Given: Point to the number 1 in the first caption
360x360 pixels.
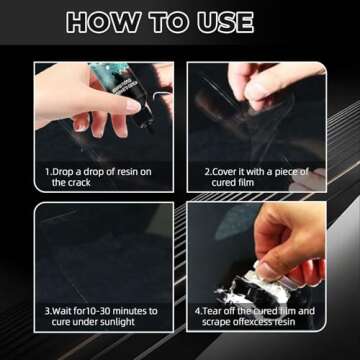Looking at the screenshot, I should tap(47, 172).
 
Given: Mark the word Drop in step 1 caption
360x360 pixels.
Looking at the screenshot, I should tap(65, 172).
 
